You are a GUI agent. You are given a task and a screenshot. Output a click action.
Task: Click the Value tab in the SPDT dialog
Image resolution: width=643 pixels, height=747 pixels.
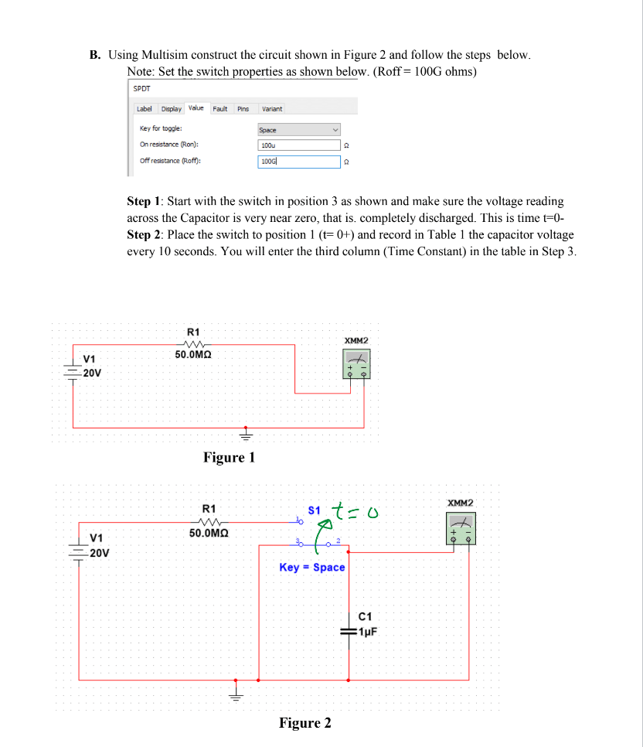tap(196, 108)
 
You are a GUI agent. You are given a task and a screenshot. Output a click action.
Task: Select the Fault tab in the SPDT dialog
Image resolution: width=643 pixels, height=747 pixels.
tap(220, 109)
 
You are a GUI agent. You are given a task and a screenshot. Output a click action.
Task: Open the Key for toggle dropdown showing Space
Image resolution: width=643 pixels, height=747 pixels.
tap(298, 130)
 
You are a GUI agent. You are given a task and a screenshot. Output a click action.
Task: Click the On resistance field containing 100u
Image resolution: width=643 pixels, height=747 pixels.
tap(298, 145)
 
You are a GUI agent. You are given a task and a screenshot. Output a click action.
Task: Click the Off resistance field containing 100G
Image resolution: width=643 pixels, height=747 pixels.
tap(298, 161)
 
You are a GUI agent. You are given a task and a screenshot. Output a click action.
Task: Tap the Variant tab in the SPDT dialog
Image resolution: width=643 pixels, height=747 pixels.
tap(272, 109)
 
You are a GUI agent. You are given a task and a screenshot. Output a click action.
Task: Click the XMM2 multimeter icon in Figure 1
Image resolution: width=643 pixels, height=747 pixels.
tap(356, 363)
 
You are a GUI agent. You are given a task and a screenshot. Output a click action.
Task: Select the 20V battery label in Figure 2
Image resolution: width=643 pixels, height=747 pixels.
tap(100, 553)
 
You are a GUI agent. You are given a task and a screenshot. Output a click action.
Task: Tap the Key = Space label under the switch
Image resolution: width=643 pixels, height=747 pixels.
tap(312, 568)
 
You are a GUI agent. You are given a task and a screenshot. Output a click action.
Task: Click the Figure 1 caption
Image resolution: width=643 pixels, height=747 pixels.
tap(229, 457)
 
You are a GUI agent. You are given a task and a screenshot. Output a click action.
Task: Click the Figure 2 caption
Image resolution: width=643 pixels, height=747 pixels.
tap(305, 723)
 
